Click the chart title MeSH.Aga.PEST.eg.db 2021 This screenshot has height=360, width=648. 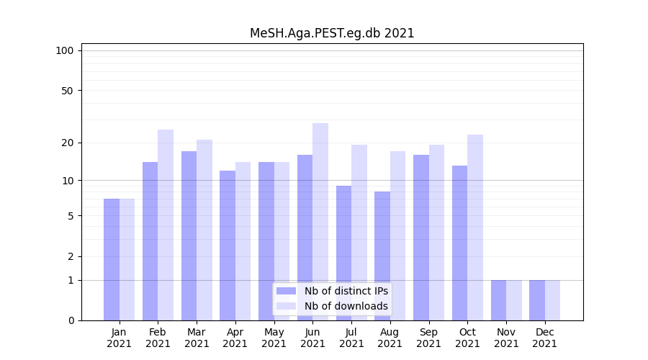click(332, 33)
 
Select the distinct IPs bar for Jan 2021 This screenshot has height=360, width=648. click(112, 259)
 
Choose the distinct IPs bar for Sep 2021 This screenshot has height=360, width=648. click(421, 238)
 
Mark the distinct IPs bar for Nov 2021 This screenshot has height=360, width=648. click(498, 300)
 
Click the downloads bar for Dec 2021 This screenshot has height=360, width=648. click(552, 300)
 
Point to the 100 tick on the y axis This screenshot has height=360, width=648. click(65, 50)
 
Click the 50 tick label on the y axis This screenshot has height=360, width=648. click(67, 91)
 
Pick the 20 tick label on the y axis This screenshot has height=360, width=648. click(67, 143)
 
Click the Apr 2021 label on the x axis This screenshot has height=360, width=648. click(235, 338)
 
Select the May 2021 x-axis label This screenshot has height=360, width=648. click(274, 338)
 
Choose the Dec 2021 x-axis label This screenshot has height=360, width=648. click(545, 338)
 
